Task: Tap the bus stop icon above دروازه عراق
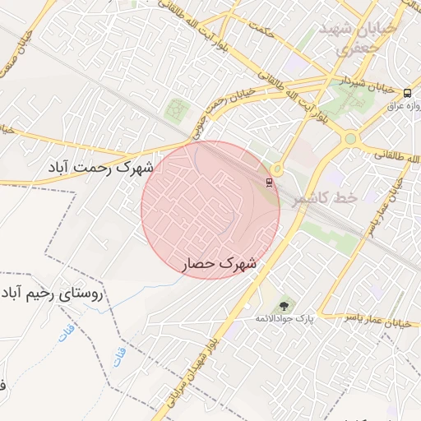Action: click(407, 92)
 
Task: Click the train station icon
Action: click(269, 182)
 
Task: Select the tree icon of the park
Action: click(284, 305)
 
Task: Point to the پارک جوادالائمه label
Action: click(292, 318)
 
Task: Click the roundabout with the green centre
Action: click(350, 138)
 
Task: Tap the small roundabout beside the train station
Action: click(277, 169)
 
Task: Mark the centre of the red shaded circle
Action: click(210, 210)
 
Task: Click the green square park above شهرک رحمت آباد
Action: click(175, 109)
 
